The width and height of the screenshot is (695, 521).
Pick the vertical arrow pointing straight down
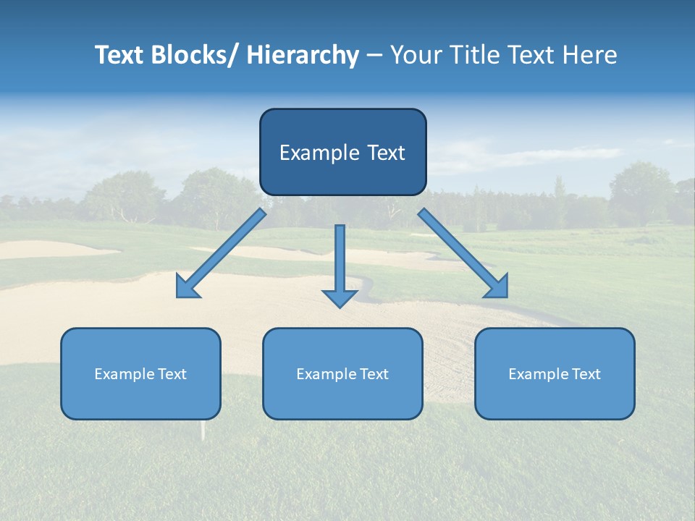click(x=340, y=264)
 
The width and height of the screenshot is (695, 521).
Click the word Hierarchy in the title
click(x=303, y=55)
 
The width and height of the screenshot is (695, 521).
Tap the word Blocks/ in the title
click(x=196, y=55)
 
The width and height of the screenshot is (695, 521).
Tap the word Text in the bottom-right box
click(x=585, y=374)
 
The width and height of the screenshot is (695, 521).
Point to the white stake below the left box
click(x=203, y=431)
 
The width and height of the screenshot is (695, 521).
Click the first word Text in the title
click(x=119, y=55)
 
